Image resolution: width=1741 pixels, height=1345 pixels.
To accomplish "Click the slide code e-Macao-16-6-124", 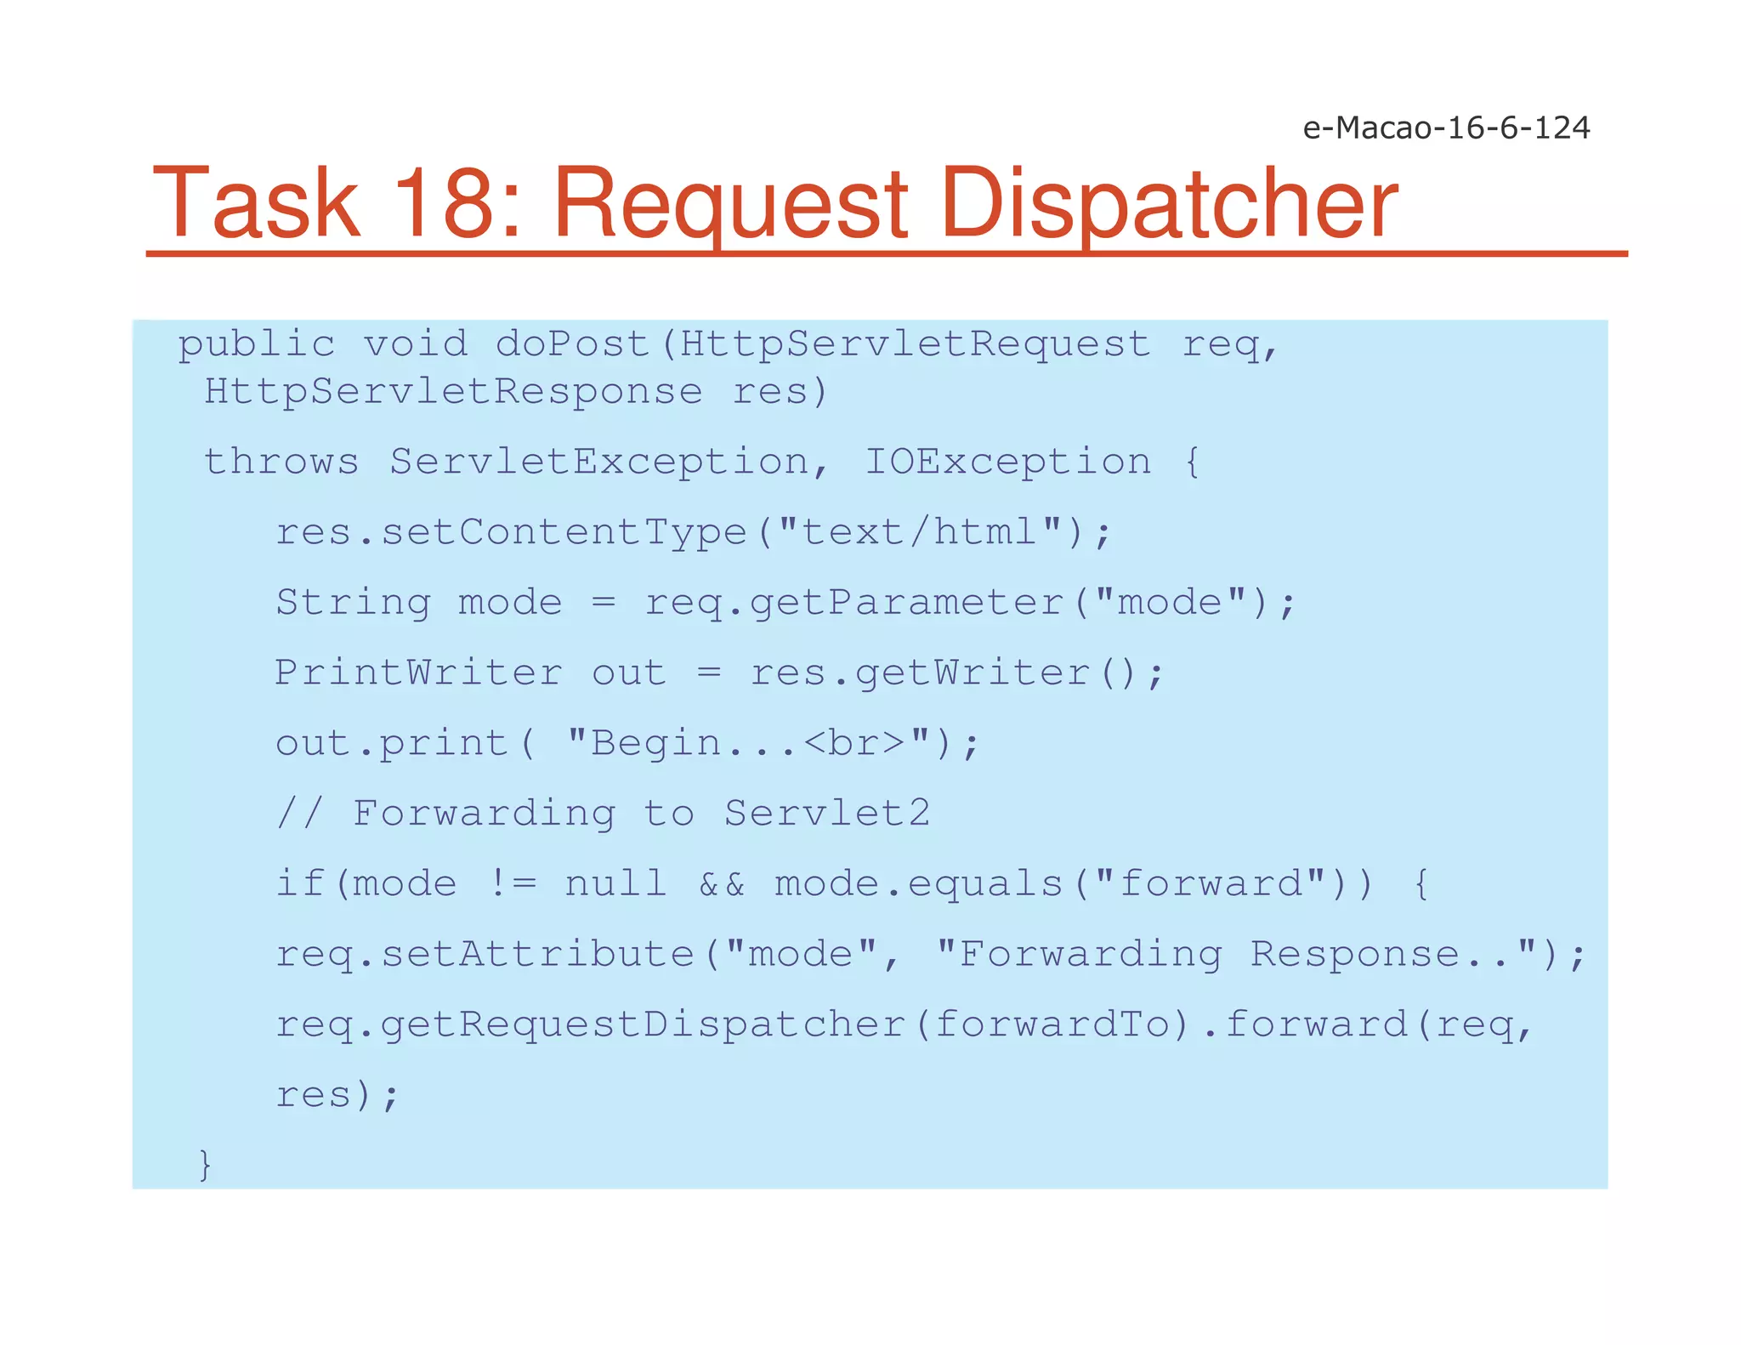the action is (x=1446, y=128).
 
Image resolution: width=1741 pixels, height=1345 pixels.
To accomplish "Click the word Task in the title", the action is (x=256, y=204).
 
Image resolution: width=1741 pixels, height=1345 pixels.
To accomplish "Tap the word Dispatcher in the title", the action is (x=1170, y=204).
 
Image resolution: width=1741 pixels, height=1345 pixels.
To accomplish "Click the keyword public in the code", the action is (x=256, y=345).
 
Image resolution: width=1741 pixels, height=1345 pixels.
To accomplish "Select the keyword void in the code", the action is (x=415, y=344).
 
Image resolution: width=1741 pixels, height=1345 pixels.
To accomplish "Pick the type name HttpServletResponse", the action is (x=453, y=392).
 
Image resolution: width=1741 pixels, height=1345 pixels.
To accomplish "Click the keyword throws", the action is (x=281, y=462).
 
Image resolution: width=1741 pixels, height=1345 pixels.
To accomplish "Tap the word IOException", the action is (x=1008, y=462).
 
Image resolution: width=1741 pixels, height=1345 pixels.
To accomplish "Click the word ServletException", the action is (x=599, y=462).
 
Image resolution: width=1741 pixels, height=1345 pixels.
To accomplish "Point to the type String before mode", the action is (x=354, y=603).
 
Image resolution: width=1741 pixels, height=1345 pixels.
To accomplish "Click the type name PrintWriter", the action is (x=418, y=673).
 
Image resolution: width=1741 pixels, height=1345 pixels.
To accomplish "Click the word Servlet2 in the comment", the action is (x=827, y=814).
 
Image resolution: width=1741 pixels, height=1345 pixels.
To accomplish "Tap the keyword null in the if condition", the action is (x=615, y=884).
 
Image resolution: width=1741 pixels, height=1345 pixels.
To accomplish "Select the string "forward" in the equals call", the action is (x=1211, y=884).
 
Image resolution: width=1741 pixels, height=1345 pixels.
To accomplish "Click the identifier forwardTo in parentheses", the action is (x=1052, y=1024).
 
